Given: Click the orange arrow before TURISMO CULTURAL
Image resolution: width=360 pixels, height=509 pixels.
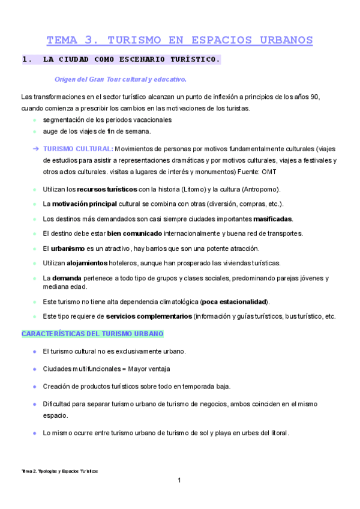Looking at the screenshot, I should [x=37, y=149].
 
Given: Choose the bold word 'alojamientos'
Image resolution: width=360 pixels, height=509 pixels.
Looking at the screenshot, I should [x=75, y=263].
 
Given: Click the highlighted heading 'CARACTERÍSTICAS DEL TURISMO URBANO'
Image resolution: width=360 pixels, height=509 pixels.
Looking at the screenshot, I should [x=92, y=334].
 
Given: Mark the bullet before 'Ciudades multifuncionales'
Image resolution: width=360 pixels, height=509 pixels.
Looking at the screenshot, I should [x=35, y=369].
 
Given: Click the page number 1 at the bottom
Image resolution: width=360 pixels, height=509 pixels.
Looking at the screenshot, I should [x=179, y=480].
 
